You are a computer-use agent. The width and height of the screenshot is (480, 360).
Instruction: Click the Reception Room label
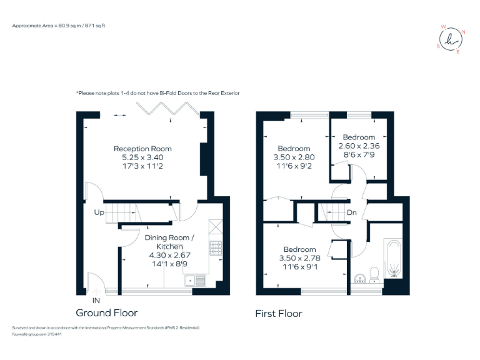coord(142,149)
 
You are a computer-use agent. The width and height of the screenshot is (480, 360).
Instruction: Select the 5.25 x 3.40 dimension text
coord(142,157)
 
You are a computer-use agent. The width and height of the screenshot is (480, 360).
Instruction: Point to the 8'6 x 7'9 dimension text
coord(359,154)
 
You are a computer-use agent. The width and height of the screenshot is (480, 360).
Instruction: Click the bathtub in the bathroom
coord(394,258)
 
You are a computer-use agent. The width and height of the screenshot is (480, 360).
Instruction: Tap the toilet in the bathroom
coord(374,274)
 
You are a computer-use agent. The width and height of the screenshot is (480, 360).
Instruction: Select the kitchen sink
coord(197,280)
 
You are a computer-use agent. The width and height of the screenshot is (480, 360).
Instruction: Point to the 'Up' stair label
coord(99,212)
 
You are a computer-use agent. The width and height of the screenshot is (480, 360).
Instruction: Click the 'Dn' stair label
coord(352,212)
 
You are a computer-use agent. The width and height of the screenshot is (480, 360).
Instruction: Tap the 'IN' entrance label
coord(95,301)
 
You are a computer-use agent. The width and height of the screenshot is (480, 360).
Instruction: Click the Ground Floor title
coord(106,312)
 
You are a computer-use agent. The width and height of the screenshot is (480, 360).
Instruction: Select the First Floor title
coord(279,314)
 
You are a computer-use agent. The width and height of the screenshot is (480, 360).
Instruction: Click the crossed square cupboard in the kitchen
coord(216,226)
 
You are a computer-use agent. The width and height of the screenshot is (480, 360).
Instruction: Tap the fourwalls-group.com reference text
coord(37,334)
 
